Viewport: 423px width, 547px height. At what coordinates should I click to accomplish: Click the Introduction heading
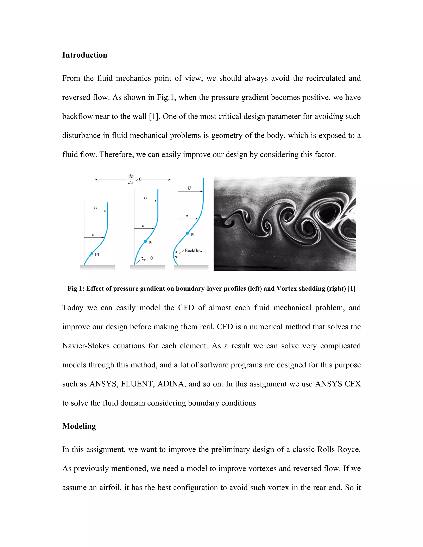85,55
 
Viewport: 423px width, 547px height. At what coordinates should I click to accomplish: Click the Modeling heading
79,426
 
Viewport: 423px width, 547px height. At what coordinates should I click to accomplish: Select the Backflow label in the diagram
194,250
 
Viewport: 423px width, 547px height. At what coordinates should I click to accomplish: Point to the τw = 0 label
147,258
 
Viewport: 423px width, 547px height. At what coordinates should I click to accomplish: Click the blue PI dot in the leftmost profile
92,253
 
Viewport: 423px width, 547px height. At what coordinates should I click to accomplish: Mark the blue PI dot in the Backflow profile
188,233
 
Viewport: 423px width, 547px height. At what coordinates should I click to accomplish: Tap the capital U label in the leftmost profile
95,208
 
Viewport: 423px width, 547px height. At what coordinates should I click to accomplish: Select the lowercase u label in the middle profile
143,226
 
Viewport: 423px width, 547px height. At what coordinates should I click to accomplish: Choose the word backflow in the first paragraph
77,116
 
